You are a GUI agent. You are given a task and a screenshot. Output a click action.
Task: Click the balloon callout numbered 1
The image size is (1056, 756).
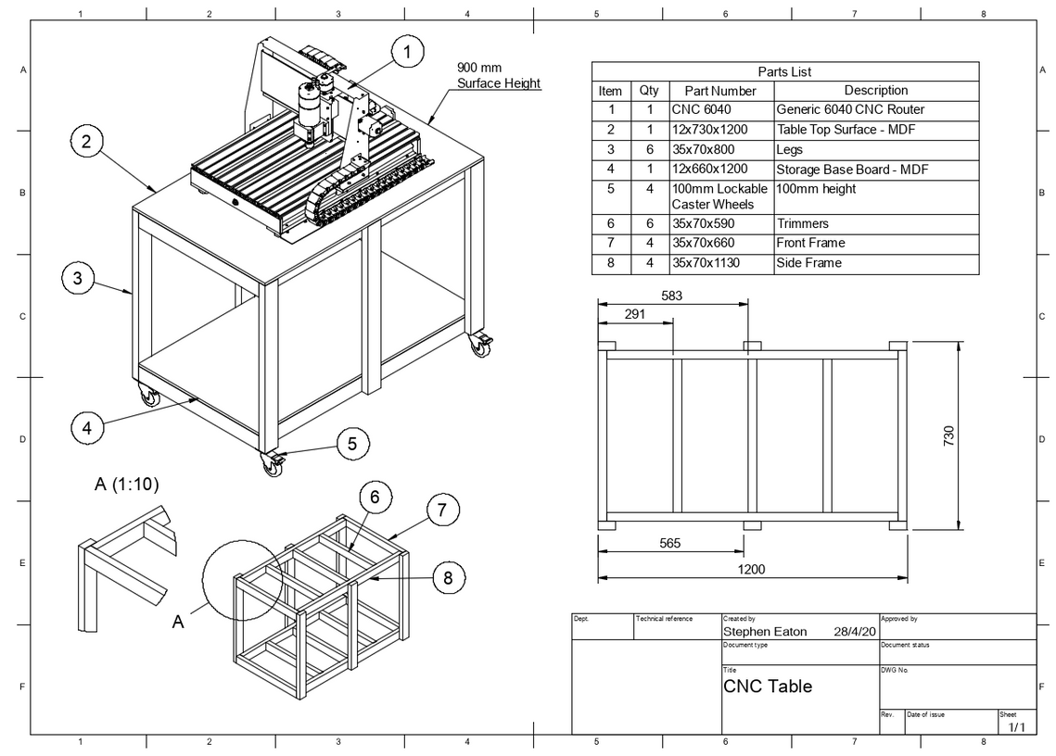[406, 53]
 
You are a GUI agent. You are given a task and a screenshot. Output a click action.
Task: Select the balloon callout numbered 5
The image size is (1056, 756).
[352, 444]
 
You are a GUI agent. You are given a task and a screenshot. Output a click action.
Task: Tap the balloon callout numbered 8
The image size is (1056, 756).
[448, 578]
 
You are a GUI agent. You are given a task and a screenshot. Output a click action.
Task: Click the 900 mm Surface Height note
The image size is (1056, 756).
[498, 75]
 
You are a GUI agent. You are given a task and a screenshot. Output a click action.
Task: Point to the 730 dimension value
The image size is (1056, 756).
[948, 436]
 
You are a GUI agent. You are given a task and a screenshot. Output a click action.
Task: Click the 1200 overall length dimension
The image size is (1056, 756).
[751, 569]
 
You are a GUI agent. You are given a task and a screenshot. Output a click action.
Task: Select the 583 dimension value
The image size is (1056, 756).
[672, 295]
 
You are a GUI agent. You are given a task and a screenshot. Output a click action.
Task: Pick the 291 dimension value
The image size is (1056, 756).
[634, 314]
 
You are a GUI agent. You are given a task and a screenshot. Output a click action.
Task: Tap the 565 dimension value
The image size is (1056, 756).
[670, 544]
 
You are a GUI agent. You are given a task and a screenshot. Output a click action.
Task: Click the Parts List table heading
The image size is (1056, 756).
[784, 71]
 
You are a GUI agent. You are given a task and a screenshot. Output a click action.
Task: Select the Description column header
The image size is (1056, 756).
[875, 91]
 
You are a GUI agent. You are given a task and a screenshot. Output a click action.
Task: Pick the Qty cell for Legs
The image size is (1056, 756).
[649, 149]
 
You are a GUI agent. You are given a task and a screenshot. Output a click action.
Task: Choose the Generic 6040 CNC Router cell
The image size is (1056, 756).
[849, 109]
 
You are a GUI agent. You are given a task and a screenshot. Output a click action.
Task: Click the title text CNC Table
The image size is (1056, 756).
[767, 687]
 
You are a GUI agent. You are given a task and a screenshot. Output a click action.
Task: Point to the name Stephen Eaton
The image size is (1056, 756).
[765, 632]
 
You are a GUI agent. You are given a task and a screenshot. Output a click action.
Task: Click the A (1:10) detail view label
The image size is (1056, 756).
[132, 484]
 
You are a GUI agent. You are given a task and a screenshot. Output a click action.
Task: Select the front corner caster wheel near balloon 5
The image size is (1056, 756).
[274, 465]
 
